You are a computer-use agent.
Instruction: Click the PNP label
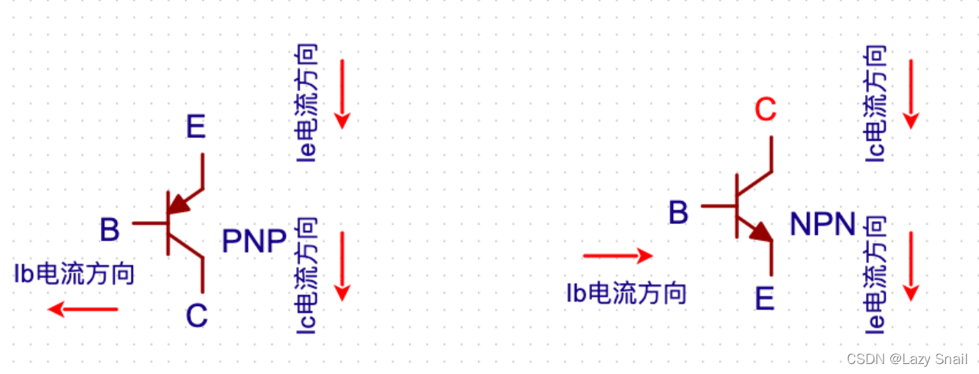tap(254, 241)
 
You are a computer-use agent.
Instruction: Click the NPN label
tap(822, 224)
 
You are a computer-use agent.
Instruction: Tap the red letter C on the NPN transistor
tap(765, 110)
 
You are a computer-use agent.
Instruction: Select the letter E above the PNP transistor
tap(196, 127)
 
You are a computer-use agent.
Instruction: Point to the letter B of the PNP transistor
tap(109, 230)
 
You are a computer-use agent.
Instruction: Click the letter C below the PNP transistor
tap(197, 316)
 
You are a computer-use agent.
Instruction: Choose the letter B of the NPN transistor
tap(678, 213)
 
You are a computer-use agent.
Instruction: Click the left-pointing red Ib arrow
tap(83, 309)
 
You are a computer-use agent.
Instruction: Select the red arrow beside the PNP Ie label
tap(342, 93)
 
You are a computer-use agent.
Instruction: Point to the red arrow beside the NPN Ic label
tap(910, 93)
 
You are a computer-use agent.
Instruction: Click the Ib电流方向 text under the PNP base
tap(74, 273)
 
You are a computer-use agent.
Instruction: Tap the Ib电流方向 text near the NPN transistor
tap(626, 292)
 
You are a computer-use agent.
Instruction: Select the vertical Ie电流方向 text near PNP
tap(307, 102)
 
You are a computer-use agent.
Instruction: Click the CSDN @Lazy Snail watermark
tap(907, 359)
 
